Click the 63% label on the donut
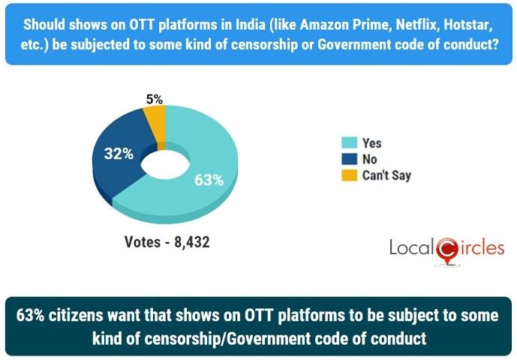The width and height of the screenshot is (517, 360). point(209,180)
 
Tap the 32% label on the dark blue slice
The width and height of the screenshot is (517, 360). point(119,154)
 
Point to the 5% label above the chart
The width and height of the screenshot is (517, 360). point(155,98)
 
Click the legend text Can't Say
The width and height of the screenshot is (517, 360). point(387,175)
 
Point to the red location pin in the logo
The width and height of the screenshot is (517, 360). point(446,251)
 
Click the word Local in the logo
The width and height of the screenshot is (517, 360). point(411,247)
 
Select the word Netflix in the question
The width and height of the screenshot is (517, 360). point(416,16)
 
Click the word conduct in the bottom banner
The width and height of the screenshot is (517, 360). point(398,338)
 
